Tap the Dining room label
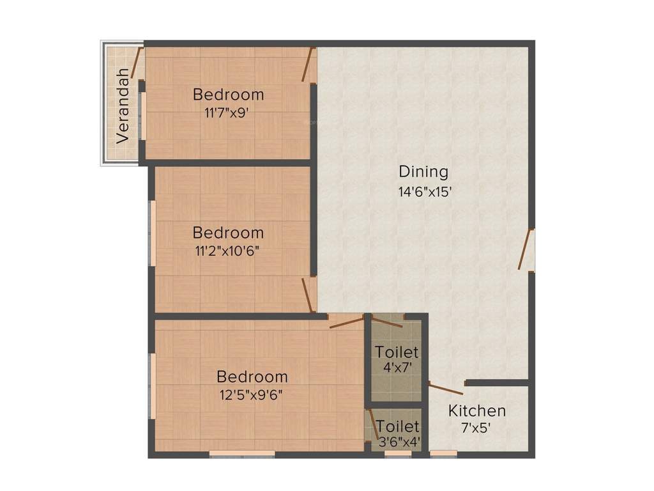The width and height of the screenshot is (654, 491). (x=423, y=171)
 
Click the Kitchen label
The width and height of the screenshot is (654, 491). (x=476, y=410)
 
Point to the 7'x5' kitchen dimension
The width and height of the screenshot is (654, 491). (x=476, y=428)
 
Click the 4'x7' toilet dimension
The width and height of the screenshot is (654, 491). (x=397, y=368)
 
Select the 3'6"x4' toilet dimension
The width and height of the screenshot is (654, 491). (x=397, y=441)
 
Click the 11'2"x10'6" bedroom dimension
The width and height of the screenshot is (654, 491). (x=228, y=250)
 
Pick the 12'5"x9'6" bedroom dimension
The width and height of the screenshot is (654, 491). (x=251, y=394)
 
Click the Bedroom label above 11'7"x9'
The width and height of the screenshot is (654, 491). (x=228, y=95)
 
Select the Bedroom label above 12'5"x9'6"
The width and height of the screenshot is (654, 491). (x=252, y=377)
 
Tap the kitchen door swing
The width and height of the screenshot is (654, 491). (x=446, y=388)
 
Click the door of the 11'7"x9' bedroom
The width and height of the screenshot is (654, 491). (x=308, y=65)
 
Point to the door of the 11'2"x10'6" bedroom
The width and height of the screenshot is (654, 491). (x=307, y=295)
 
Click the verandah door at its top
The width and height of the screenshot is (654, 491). (x=136, y=63)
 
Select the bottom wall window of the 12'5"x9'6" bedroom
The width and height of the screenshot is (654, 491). (x=242, y=454)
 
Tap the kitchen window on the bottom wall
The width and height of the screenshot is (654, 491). (x=443, y=454)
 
